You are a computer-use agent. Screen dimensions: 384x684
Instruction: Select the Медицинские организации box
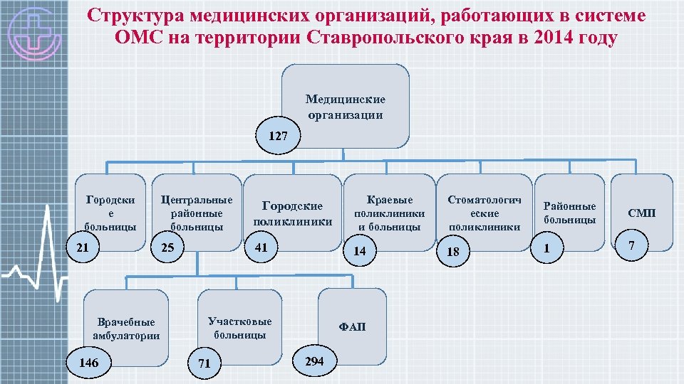tap(346, 107)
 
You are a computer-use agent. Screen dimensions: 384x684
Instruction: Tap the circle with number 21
tap(83, 247)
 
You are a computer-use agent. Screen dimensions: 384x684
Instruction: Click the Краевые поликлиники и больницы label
tap(390, 213)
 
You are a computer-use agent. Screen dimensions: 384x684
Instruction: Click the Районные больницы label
tap(569, 213)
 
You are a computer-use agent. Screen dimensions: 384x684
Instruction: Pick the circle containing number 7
tap(629, 245)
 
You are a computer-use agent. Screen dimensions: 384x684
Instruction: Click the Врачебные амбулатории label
tap(126, 329)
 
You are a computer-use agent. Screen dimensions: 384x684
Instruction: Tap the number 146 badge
tap(88, 363)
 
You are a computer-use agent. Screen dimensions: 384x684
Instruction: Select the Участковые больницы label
tap(239, 328)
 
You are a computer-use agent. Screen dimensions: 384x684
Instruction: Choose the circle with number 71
tap(204, 363)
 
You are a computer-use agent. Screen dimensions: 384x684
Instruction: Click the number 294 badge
tap(314, 361)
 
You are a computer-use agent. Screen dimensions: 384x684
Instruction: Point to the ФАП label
tap(352, 326)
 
